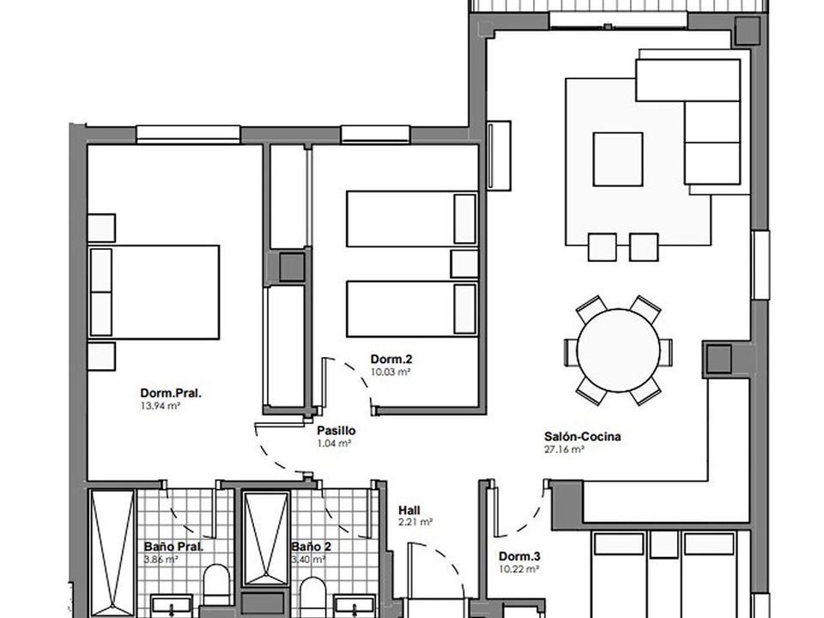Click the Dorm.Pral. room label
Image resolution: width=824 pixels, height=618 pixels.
(171, 393)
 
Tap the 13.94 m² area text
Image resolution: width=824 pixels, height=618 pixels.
(161, 406)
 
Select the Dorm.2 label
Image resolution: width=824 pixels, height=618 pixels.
(391, 359)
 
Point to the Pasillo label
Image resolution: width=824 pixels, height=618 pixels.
(336, 430)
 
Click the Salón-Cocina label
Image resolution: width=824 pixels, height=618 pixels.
(582, 436)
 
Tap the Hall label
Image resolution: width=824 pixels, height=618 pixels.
(409, 510)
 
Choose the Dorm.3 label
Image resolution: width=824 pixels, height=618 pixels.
(519, 556)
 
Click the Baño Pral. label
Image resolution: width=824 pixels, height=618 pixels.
(173, 547)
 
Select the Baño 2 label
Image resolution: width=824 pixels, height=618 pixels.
(311, 547)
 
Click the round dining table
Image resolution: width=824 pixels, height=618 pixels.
(619, 350)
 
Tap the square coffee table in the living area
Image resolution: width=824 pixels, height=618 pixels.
(618, 160)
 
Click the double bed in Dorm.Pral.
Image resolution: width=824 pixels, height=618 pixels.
(154, 292)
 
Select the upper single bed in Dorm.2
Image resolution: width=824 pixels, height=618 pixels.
(412, 219)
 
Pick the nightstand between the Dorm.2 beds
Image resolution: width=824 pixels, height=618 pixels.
(464, 264)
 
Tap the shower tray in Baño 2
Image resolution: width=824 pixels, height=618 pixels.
(266, 539)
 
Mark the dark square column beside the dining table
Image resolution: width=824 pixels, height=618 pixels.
(718, 359)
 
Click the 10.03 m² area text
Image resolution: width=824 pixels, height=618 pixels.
(391, 372)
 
